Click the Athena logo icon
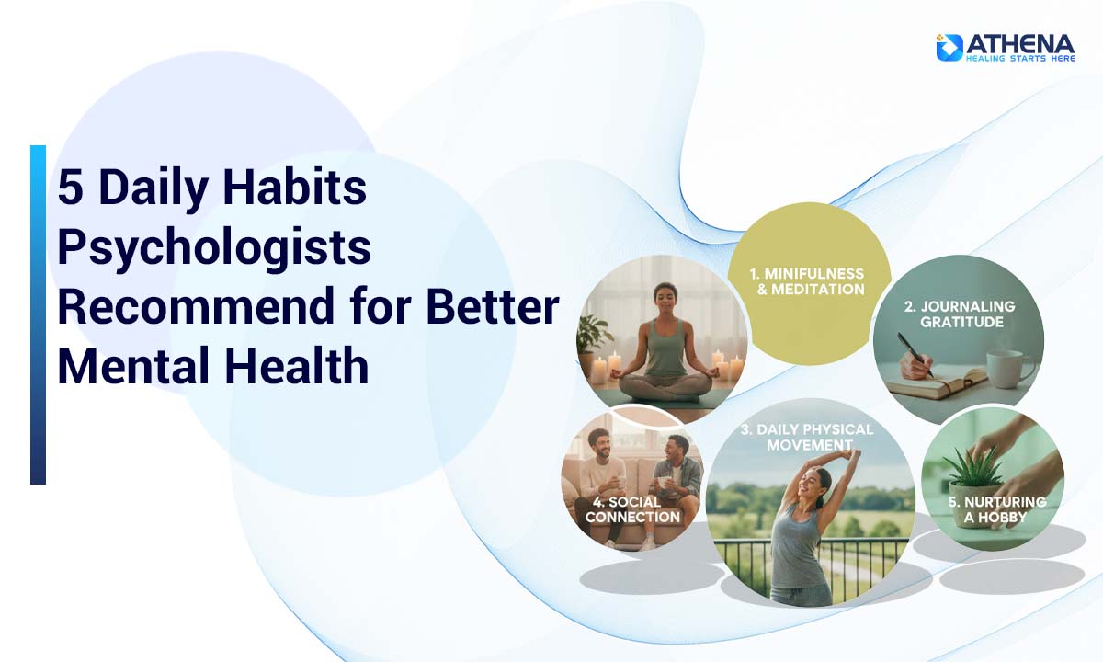[x=949, y=47]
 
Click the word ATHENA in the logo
[x=1019, y=42]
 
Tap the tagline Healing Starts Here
[x=1019, y=59]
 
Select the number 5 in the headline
[x=70, y=188]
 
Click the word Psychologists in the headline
[x=213, y=248]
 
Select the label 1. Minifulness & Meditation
[x=809, y=281]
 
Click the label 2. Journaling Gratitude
[x=958, y=314]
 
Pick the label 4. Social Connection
[x=632, y=509]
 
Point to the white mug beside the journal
[x=1008, y=368]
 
